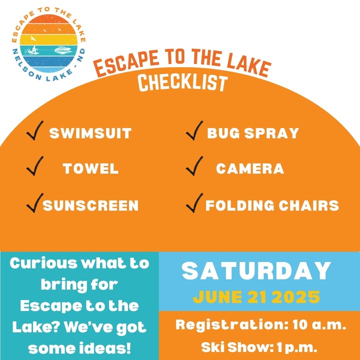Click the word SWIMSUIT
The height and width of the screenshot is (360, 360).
click(x=90, y=133)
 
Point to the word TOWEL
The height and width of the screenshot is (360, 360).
click(x=90, y=168)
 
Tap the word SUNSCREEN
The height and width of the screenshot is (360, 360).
click(x=90, y=205)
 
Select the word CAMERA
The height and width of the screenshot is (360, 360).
click(x=250, y=168)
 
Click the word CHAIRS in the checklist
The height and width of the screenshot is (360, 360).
click(x=309, y=205)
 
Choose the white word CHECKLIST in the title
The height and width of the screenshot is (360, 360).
click(x=182, y=82)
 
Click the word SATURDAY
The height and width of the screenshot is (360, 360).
click(x=256, y=271)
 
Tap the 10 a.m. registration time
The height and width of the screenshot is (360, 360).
click(x=319, y=325)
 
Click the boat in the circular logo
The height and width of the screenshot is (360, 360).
click(x=63, y=50)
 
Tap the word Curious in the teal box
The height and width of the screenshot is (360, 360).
click(x=43, y=263)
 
